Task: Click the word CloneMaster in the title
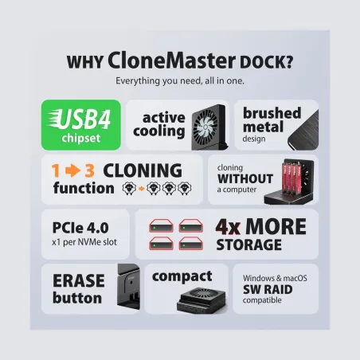[x=171, y=61]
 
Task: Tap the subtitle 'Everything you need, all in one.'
[x=180, y=80]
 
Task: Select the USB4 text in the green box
[x=84, y=119]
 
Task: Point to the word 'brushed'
[x=272, y=113]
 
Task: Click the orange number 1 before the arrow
[x=56, y=170]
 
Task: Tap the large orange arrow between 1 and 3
[x=72, y=170]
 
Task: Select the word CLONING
[x=143, y=170]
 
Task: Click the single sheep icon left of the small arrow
[x=129, y=189]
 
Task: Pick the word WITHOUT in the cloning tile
[x=245, y=178]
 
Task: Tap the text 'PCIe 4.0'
[x=80, y=228]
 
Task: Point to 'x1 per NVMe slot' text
[x=84, y=242]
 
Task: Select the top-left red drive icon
[x=161, y=226]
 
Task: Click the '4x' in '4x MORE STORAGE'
[x=228, y=227]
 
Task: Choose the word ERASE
[x=79, y=281]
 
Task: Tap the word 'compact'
[x=182, y=276]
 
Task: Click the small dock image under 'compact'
[x=202, y=300]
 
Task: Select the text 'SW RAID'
[x=268, y=289]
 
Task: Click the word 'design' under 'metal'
[x=254, y=139]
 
